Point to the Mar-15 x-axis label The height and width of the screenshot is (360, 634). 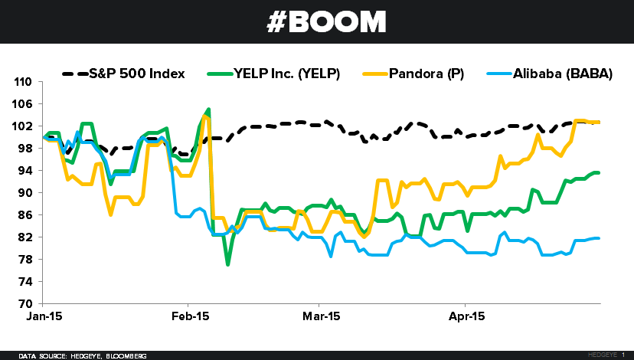[322, 316]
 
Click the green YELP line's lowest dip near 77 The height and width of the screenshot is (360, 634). [227, 264]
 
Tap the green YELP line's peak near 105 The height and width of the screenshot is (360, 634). [208, 110]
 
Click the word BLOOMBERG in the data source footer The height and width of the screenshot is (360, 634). [125, 356]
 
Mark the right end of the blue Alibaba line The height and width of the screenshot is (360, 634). [599, 238]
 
